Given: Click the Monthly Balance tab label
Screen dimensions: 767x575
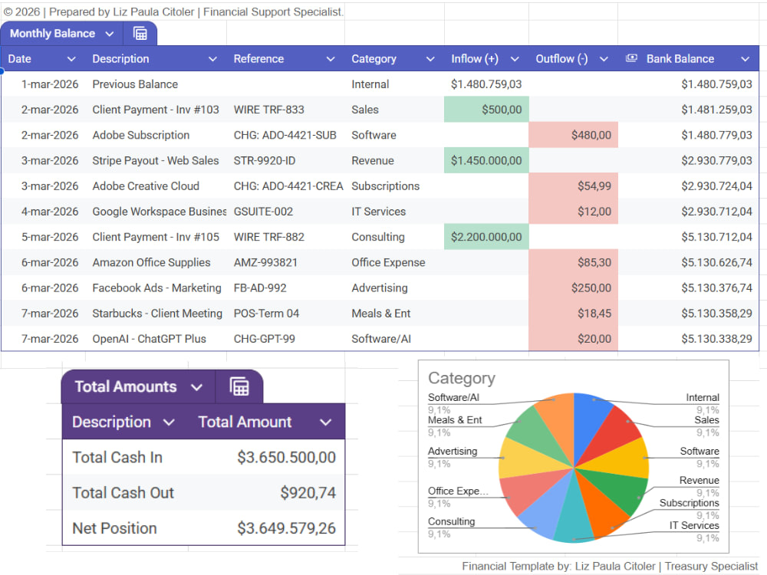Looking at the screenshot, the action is tap(52, 33).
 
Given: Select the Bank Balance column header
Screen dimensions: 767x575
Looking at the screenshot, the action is tap(680, 59).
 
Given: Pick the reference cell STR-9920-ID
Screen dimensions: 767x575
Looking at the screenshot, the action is tap(264, 160).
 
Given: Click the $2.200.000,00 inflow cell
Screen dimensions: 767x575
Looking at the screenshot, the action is tap(486, 237).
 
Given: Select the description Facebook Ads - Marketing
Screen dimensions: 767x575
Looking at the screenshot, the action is tap(156, 288).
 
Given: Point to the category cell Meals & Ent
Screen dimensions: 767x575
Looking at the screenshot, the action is tap(380, 314).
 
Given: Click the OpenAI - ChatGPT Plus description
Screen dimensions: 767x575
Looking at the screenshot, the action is tap(150, 339).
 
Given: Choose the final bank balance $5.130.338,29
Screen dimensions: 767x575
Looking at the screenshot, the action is tap(716, 339).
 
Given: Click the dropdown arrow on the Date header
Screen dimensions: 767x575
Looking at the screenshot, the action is tap(71, 59).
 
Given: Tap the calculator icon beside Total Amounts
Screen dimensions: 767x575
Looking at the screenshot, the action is tap(239, 386).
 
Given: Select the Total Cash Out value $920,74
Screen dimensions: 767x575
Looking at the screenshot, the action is tap(308, 493).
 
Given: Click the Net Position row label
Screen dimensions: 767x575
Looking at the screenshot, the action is tap(114, 528).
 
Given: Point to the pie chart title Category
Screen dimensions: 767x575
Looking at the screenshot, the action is tap(461, 378).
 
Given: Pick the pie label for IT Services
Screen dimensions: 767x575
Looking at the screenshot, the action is tap(694, 526).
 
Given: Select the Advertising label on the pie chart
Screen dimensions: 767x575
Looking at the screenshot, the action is tap(453, 452).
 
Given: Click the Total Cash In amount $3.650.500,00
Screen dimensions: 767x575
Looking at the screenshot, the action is tap(286, 457).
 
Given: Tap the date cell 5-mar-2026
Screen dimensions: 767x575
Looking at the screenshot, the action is tap(49, 237).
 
